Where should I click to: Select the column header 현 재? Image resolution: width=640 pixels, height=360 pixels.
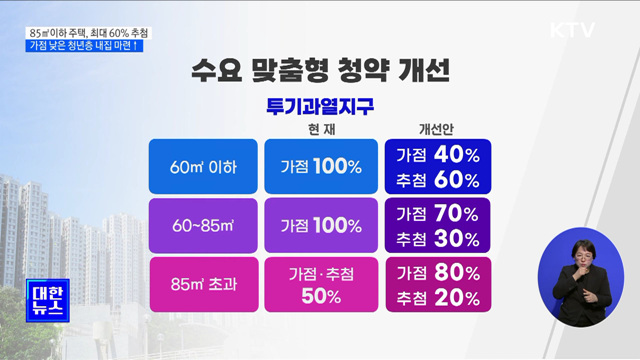(x=313, y=130)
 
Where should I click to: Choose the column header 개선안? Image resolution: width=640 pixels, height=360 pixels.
(x=437, y=130)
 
